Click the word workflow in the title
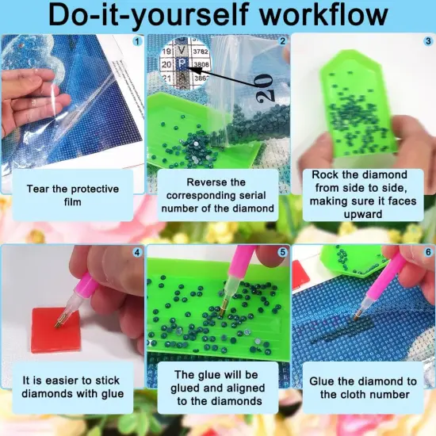click(323, 15)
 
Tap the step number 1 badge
click(137, 42)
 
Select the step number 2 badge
click(282, 41)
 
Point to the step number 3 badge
click(428, 41)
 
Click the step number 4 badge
click(137, 252)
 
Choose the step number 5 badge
click(282, 252)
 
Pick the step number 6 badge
click(428, 252)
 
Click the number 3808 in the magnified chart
click(201, 64)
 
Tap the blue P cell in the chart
click(182, 64)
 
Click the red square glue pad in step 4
click(56, 330)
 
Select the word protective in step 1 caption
click(95, 189)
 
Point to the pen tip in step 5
click(222, 314)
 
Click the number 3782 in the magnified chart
click(201, 52)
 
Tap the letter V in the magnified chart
click(182, 50)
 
